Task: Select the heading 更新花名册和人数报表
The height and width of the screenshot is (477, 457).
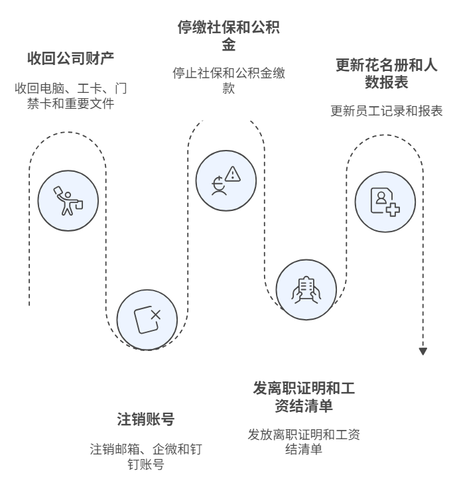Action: pyautogui.click(x=386, y=74)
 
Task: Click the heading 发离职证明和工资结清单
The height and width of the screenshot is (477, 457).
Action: pyautogui.click(x=303, y=396)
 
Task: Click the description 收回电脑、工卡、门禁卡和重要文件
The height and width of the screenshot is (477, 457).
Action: pyautogui.click(x=70, y=96)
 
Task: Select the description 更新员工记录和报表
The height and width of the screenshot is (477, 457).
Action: pyautogui.click(x=386, y=111)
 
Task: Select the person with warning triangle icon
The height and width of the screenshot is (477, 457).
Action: pyautogui.click(x=226, y=181)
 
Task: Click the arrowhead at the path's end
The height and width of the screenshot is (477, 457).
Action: pyautogui.click(x=423, y=351)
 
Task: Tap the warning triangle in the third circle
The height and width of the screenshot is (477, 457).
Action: pyautogui.click(x=232, y=174)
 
